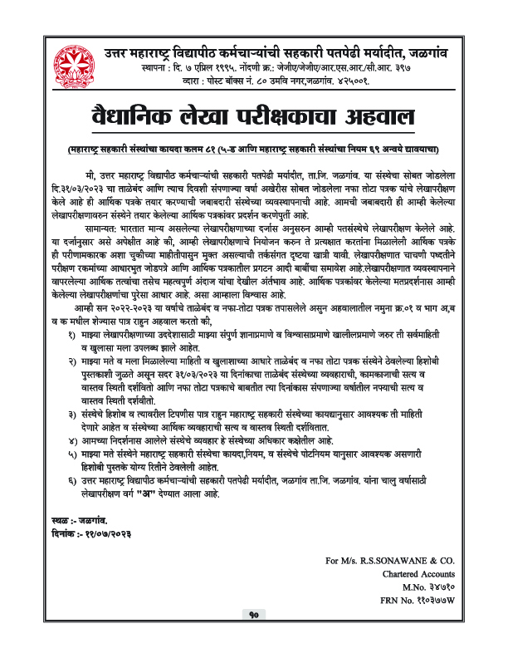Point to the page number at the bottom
coord(254,638)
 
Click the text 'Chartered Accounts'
coord(418,573)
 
